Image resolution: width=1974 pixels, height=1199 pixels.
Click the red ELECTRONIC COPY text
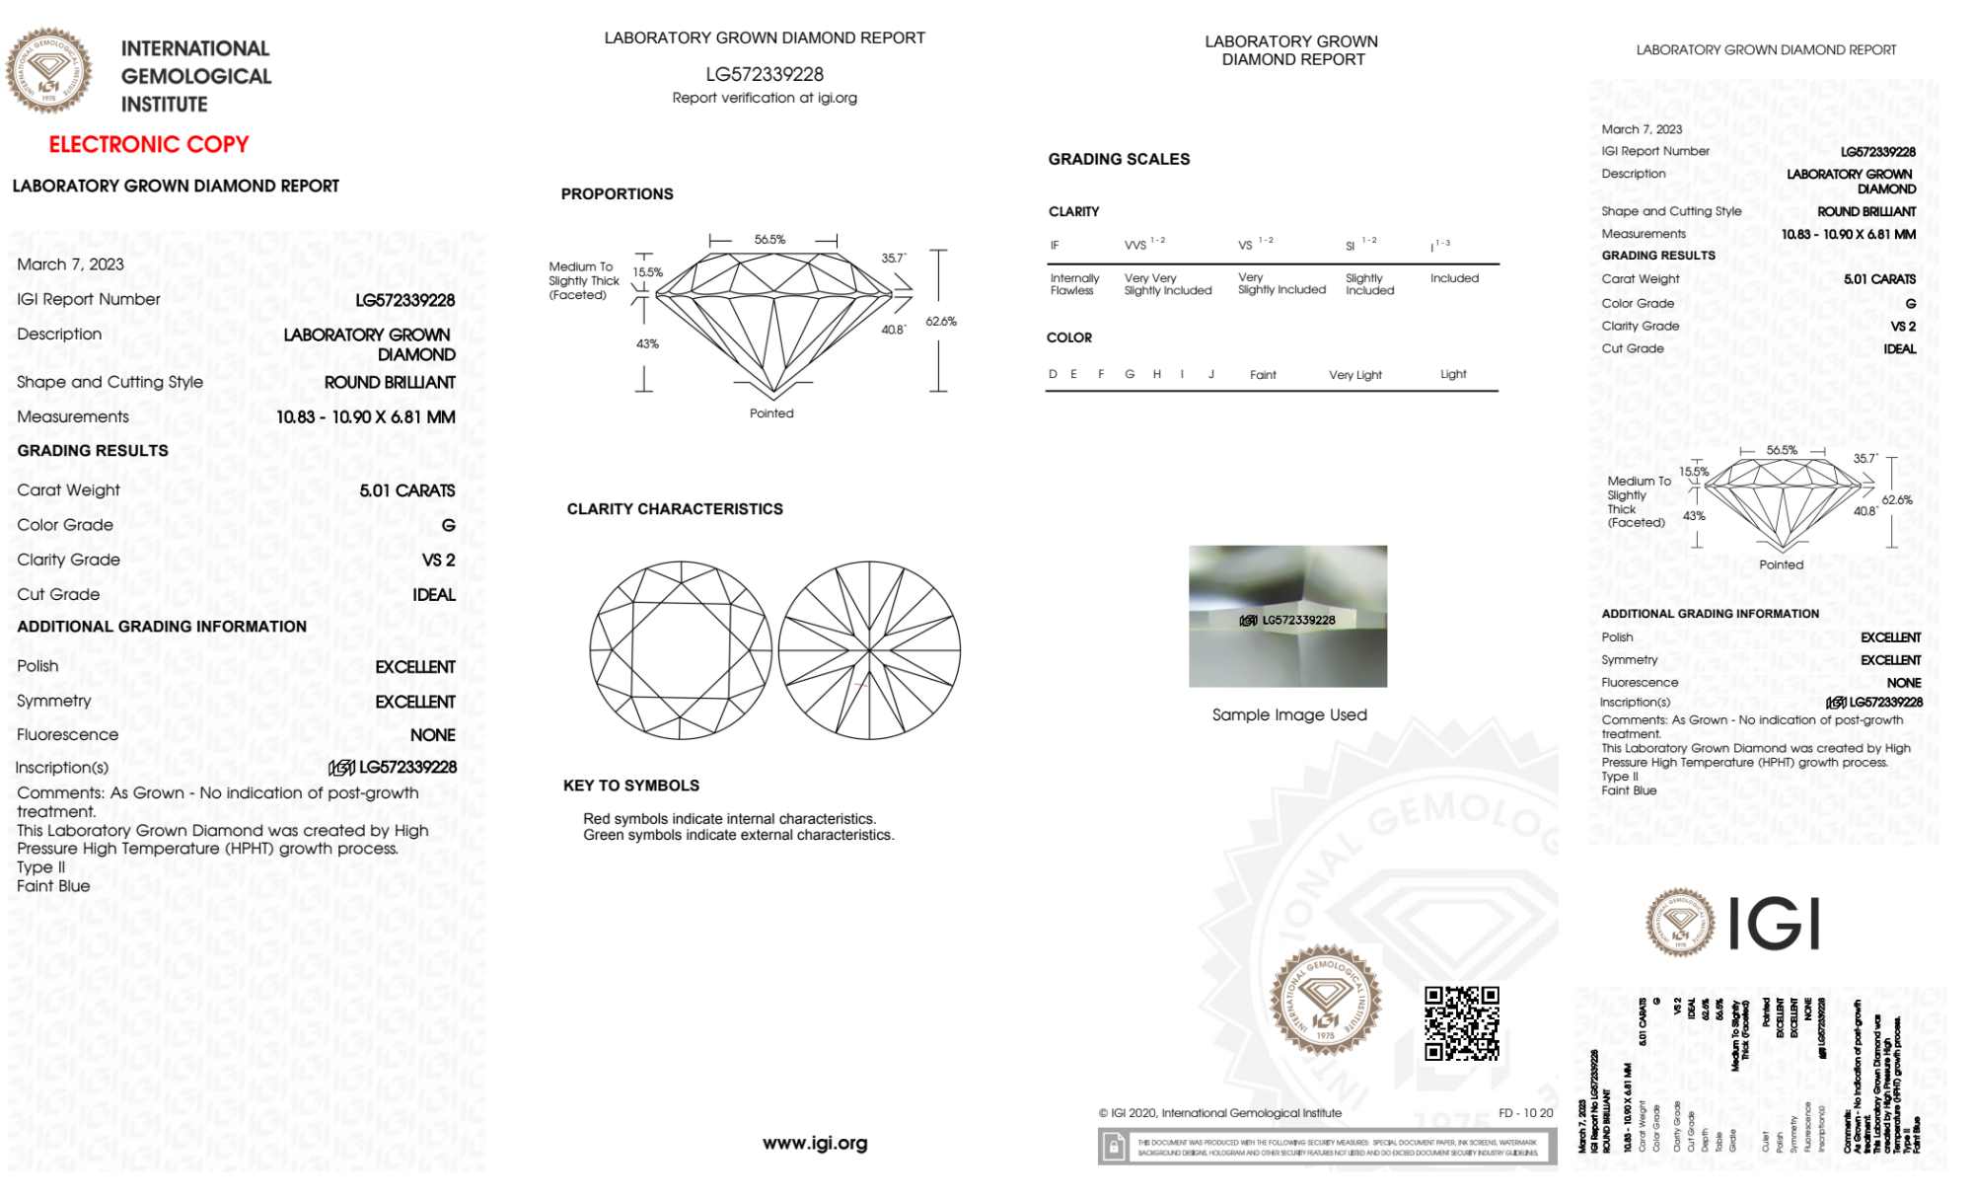(x=149, y=144)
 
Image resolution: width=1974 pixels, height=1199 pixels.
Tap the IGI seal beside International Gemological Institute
(x=48, y=71)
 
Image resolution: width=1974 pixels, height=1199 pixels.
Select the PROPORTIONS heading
(x=617, y=194)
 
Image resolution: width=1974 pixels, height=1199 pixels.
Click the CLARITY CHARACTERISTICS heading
(x=675, y=509)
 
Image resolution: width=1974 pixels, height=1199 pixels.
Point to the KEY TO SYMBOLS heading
(x=631, y=786)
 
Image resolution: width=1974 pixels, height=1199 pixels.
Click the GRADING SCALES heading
(x=1119, y=159)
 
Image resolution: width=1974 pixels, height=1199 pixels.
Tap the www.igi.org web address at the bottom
(x=815, y=1143)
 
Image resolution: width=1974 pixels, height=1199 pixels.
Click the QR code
(x=1461, y=1022)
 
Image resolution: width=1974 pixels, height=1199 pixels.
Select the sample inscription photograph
(x=1287, y=617)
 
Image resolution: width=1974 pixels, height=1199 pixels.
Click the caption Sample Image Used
(x=1289, y=714)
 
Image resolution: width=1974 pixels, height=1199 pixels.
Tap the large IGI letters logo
(x=1775, y=924)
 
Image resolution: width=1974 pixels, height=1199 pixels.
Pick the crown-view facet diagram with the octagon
(x=681, y=650)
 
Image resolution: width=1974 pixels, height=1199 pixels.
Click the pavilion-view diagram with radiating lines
(x=869, y=650)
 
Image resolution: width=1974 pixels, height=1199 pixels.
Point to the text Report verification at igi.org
(x=765, y=98)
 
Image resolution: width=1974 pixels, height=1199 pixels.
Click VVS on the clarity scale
(x=1136, y=245)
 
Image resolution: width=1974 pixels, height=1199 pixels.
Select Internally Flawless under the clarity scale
(x=1074, y=284)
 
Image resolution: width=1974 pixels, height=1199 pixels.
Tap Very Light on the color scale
(x=1354, y=375)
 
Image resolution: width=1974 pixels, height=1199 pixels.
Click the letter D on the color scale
(x=1053, y=374)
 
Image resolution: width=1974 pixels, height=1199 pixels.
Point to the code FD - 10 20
(x=1525, y=1113)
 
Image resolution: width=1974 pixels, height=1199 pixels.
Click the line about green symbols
(x=738, y=835)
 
